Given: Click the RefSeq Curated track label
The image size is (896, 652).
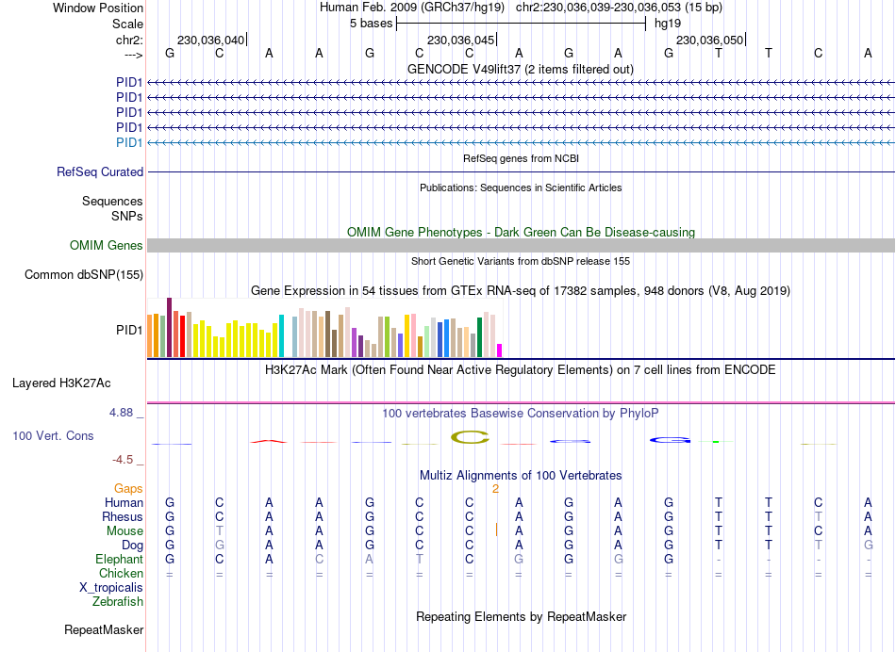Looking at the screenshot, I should coord(100,172).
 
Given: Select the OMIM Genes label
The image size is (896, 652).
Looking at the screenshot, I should coord(107,246).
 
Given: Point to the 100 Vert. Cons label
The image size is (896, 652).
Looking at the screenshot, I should coord(53,436).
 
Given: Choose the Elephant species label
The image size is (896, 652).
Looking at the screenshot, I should coord(119,559).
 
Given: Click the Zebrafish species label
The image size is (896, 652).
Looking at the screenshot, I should coord(118,601).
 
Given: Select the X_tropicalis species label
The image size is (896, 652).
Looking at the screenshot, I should coord(111,587).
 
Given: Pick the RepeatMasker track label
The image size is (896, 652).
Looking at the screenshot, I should coord(104,629).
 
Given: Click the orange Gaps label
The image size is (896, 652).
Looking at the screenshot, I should coord(129,488).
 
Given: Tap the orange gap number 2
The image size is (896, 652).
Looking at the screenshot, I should coord(495,488).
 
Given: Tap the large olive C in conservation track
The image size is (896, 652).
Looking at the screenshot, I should coord(470,436).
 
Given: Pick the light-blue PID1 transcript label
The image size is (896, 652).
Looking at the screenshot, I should coord(129,142).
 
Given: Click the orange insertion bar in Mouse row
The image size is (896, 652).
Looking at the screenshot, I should coord(496,530).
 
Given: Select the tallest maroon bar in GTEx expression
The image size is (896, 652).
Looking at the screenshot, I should coord(169,327).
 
